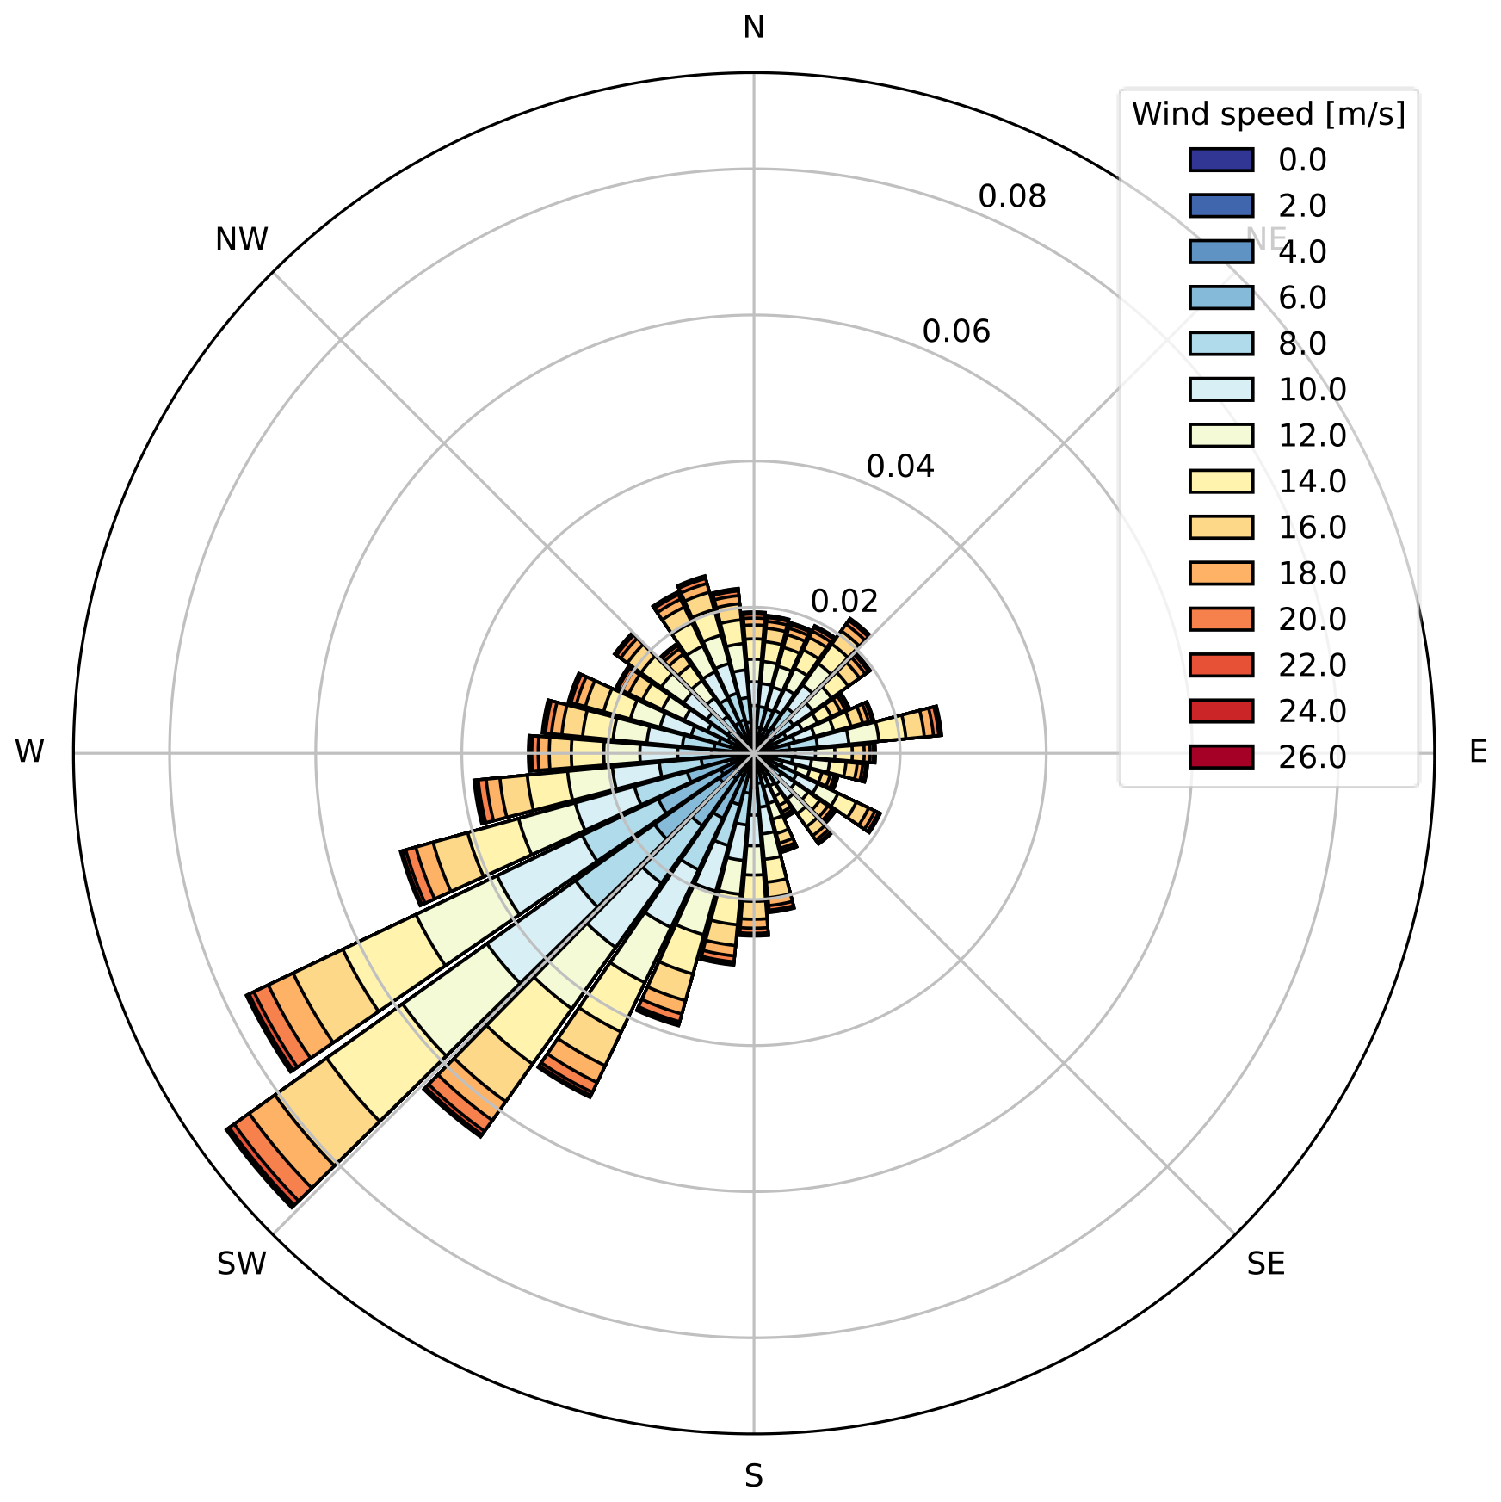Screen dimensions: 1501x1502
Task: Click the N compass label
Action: (753, 28)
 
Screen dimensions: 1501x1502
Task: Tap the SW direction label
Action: (242, 1264)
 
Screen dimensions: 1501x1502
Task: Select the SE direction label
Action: (1265, 1264)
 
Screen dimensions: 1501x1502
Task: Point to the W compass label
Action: (29, 752)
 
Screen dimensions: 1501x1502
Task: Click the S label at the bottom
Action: (753, 1476)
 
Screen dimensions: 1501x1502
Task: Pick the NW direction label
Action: (242, 239)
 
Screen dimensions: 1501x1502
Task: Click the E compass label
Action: (1478, 752)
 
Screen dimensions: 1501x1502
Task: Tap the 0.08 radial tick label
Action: (1012, 197)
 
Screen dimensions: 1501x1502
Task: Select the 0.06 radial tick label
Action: (956, 331)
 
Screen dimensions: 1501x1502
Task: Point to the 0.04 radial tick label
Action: (900, 467)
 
